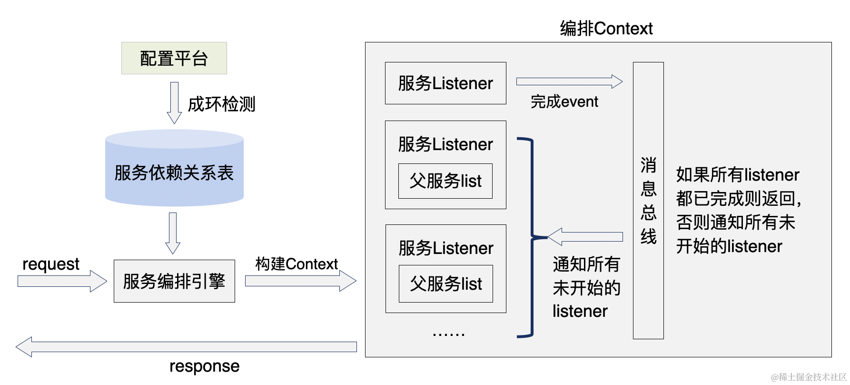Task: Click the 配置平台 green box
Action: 174,58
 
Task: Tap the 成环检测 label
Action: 221,104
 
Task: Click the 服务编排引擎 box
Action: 174,281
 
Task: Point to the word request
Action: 51,264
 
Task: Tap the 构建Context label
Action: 296,263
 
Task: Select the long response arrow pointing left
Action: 186,347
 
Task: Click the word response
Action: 204,366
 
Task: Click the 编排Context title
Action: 606,29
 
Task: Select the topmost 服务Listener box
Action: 445,83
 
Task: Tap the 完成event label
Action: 564,101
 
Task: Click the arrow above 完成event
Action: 569,81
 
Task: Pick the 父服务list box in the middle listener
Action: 445,181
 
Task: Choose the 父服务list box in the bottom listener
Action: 445,284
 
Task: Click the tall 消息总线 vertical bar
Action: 648,200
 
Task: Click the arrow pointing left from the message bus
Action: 585,237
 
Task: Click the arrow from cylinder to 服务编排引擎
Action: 173,233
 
